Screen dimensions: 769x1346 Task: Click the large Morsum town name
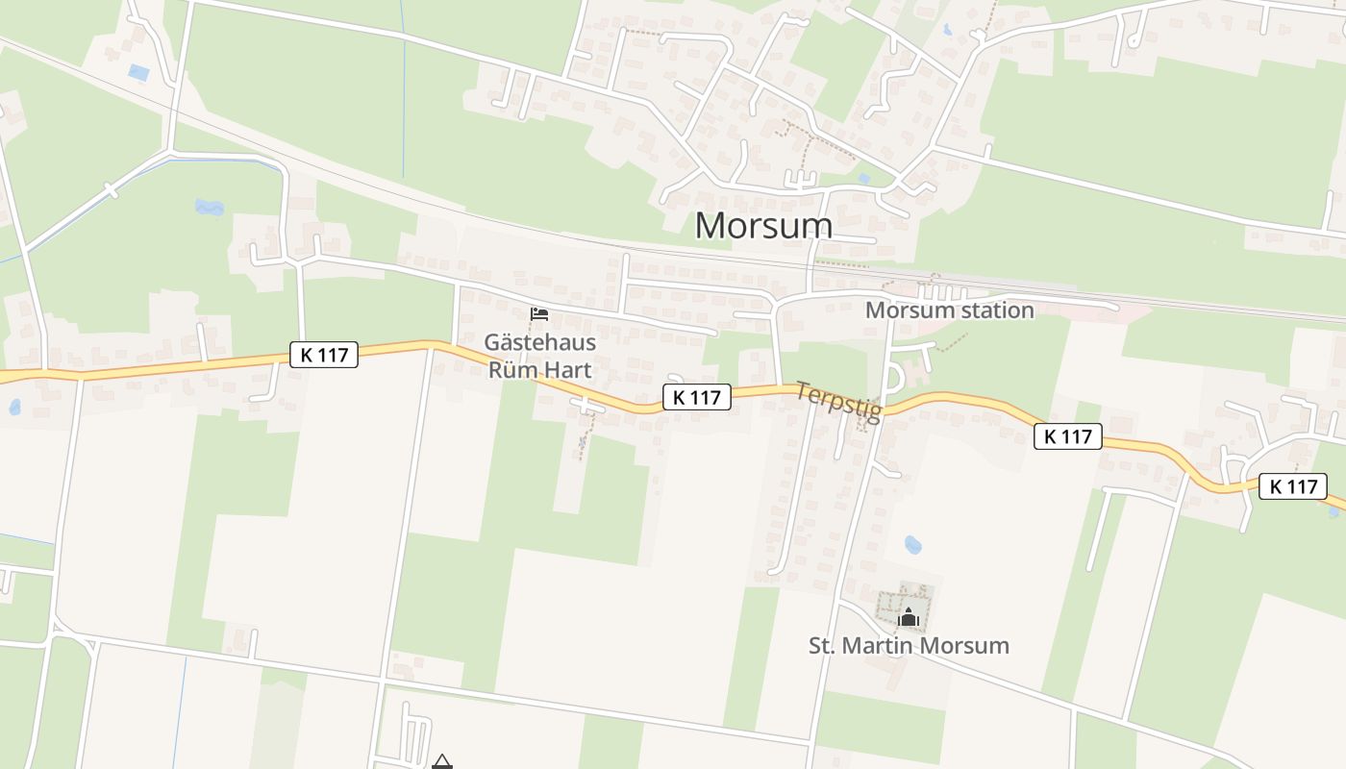pyautogui.click(x=763, y=225)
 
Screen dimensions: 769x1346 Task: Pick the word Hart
pyautogui.click(x=568, y=369)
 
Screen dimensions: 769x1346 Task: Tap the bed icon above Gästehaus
pyautogui.click(x=539, y=314)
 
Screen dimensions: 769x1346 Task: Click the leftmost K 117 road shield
pyautogui.click(x=324, y=355)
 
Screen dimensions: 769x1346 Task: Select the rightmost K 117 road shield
pyautogui.click(x=1293, y=486)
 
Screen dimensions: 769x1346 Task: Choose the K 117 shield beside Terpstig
pyautogui.click(x=696, y=397)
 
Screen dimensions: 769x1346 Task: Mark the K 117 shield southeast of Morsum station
pyautogui.click(x=1067, y=436)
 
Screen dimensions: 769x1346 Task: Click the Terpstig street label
pyautogui.click(x=838, y=402)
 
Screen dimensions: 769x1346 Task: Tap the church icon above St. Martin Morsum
pyautogui.click(x=909, y=615)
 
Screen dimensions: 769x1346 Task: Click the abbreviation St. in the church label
pyautogui.click(x=822, y=645)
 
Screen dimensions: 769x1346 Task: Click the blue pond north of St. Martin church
pyautogui.click(x=912, y=545)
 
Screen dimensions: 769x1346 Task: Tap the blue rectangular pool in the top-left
pyautogui.click(x=138, y=72)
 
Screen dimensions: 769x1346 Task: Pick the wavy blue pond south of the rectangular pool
pyautogui.click(x=208, y=206)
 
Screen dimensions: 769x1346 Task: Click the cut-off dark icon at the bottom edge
pyautogui.click(x=441, y=762)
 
